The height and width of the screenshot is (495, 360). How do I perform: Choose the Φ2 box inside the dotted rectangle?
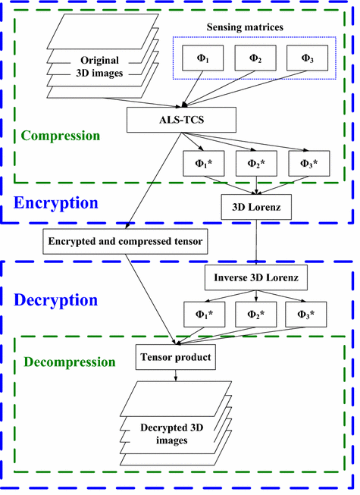[x=255, y=57]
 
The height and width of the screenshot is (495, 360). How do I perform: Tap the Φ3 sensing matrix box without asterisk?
[x=306, y=57]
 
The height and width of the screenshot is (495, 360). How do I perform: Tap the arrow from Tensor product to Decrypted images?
[x=175, y=374]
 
